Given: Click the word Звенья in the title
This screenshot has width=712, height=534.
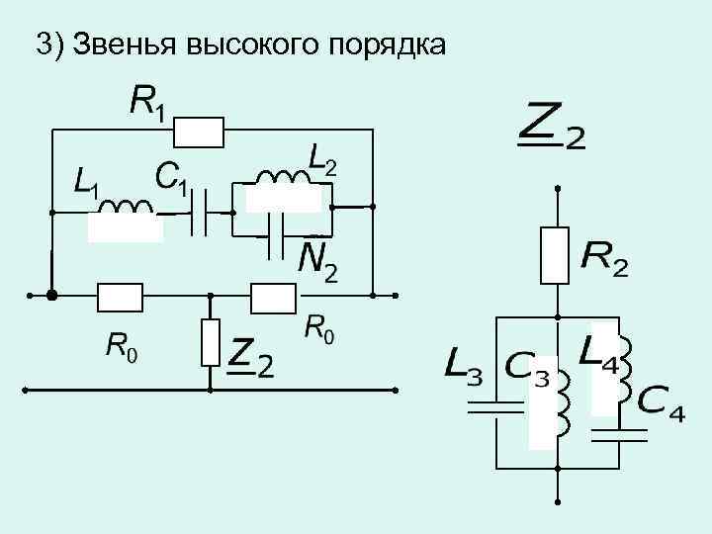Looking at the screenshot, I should [123, 45].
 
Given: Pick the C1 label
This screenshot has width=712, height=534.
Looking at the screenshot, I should [173, 178].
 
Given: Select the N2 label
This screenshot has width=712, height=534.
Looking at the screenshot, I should [317, 260].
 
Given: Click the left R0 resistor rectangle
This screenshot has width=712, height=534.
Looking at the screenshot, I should [121, 295].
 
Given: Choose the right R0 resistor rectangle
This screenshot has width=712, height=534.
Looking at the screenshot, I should [274, 295].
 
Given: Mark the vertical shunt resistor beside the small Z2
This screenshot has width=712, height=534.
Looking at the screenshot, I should [210, 341].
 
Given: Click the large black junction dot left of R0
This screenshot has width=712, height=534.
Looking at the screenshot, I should [51, 295].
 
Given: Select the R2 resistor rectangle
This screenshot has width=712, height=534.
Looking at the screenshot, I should [557, 255].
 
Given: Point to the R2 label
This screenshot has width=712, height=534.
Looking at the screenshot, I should [603, 259].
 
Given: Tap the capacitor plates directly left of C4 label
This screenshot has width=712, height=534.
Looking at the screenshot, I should [618, 430].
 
